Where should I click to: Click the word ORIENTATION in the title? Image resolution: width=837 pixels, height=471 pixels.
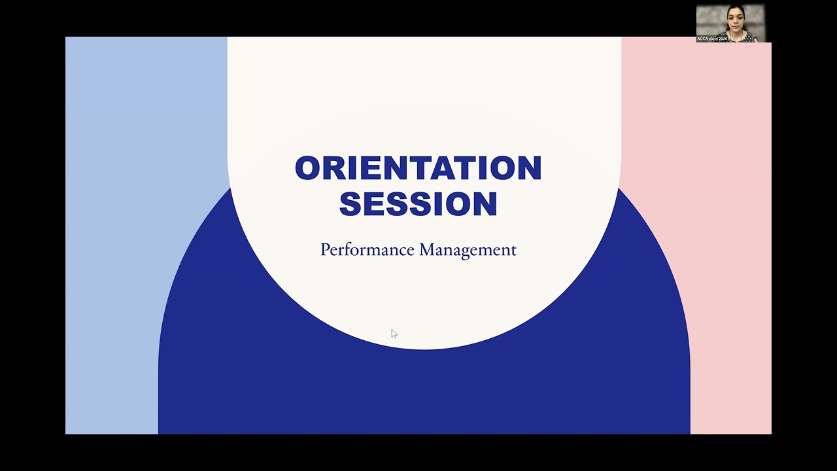pyautogui.click(x=418, y=168)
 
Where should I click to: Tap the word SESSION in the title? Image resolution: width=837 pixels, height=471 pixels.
pyautogui.click(x=418, y=203)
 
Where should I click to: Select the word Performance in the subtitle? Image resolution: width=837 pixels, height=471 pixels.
pyautogui.click(x=367, y=250)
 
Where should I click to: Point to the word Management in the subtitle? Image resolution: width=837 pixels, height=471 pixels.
pyautogui.click(x=468, y=250)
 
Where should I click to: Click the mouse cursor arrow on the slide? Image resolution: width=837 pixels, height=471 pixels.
pyautogui.click(x=394, y=334)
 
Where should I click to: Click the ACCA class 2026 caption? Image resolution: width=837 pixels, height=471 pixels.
pyautogui.click(x=712, y=39)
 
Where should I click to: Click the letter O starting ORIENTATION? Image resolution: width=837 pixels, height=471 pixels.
pyautogui.click(x=307, y=168)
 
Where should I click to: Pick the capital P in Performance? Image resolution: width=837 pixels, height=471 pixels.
pyautogui.click(x=324, y=249)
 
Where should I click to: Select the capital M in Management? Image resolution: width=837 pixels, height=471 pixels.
pyautogui.click(x=426, y=249)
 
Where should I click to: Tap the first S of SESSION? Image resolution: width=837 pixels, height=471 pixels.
pyautogui.click(x=350, y=203)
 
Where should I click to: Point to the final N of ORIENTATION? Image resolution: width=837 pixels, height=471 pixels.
pyautogui.click(x=530, y=168)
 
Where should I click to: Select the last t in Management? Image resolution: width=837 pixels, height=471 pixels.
pyautogui.click(x=513, y=250)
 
